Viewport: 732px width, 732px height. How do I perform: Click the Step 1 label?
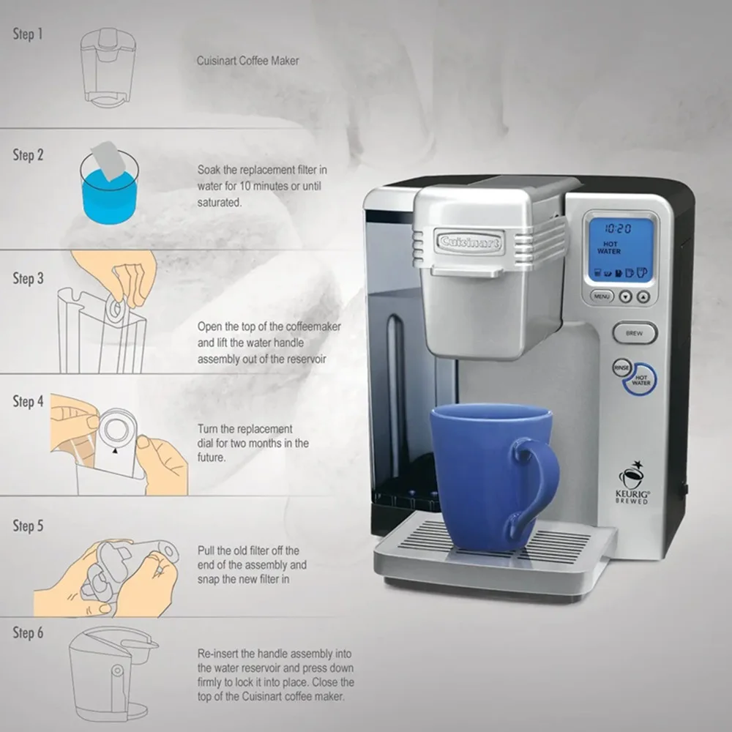coord(28,34)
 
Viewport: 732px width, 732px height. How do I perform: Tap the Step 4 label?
coord(28,401)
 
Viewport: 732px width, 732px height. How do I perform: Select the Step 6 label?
coord(28,633)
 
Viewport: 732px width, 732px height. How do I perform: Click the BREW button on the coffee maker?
coord(635,333)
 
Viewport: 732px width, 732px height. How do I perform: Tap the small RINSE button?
coord(621,367)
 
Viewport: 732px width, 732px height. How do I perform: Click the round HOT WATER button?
coord(640,379)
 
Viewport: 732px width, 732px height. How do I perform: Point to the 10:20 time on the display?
coord(618,228)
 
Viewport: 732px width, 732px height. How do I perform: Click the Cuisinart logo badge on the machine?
coord(469,242)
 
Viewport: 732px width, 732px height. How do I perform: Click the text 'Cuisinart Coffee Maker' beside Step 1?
coord(247,61)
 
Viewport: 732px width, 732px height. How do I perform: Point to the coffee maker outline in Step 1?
coord(108,67)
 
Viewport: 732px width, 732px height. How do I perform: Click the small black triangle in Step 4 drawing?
coord(115,451)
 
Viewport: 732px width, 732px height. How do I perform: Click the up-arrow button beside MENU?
coord(643,296)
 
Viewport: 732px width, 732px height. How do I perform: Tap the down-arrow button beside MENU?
coord(626,296)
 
